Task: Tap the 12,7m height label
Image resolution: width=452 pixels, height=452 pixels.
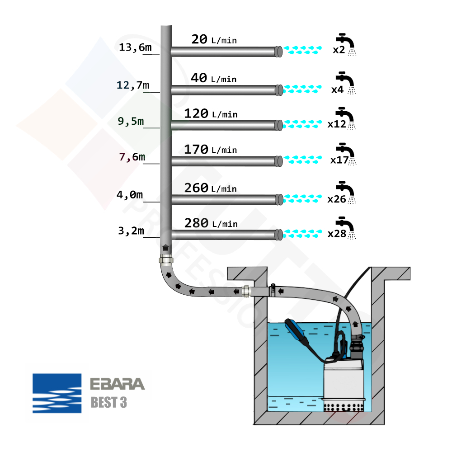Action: tap(133, 85)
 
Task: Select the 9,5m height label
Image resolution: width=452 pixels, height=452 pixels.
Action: tap(131, 121)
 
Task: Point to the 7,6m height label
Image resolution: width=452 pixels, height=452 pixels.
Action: tap(132, 157)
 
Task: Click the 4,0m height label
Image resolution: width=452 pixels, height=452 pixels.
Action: tap(130, 195)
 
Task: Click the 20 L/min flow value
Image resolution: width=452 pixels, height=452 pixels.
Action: tap(214, 40)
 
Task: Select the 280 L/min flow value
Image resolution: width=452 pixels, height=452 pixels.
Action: tap(211, 223)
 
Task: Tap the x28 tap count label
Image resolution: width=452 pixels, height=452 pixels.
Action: tap(337, 235)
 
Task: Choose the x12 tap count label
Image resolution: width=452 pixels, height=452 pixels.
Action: tap(337, 124)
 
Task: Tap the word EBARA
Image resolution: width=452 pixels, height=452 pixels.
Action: tap(118, 384)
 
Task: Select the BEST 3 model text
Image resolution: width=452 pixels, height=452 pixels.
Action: tap(109, 402)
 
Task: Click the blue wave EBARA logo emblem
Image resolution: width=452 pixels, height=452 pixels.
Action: tap(57, 393)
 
